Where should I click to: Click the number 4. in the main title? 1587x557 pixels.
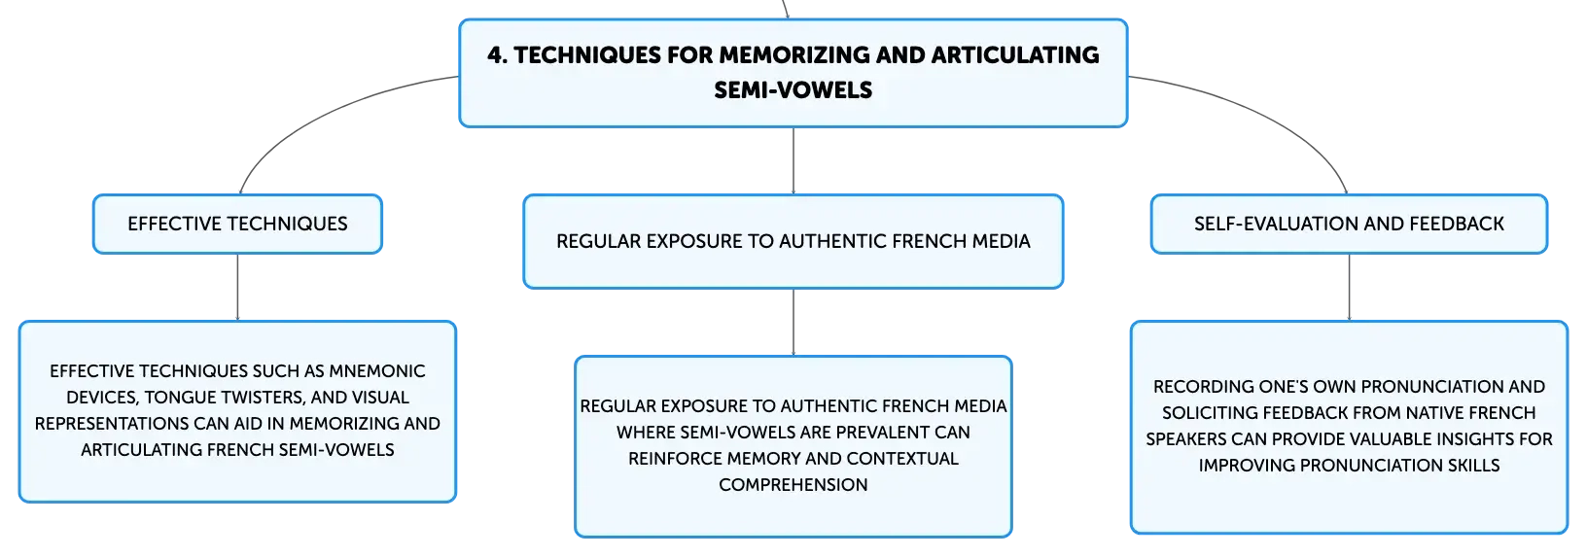(x=497, y=55)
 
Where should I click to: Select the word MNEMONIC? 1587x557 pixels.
(x=377, y=371)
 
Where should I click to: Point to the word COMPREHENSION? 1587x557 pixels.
(x=793, y=485)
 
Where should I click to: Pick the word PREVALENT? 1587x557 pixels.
(x=881, y=433)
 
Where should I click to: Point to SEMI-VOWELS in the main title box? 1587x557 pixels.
(x=793, y=90)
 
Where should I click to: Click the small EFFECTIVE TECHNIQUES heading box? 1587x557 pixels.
(x=237, y=224)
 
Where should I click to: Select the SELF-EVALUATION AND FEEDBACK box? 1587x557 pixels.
(x=1349, y=224)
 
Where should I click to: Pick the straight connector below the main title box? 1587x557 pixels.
(x=793, y=160)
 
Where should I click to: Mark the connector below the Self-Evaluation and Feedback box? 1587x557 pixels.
(x=1349, y=287)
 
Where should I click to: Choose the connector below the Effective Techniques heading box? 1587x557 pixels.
(x=237, y=287)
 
